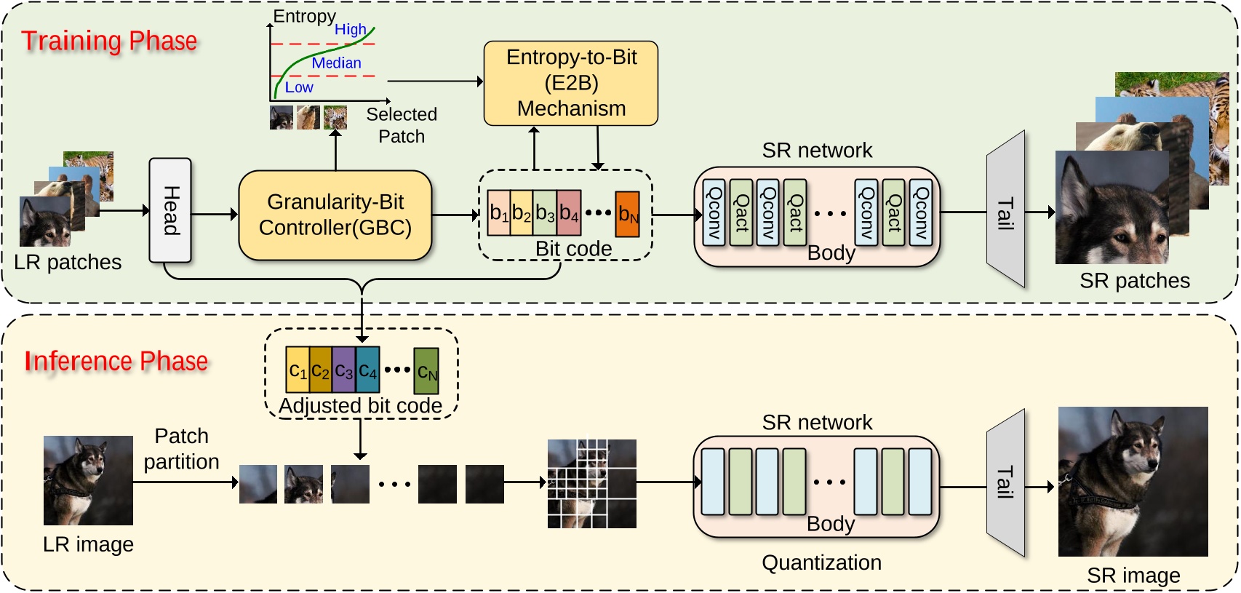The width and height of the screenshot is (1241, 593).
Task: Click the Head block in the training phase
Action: click(170, 210)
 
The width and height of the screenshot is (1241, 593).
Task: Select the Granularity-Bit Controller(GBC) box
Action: click(335, 215)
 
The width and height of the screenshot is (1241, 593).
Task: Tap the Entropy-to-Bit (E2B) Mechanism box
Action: click(571, 83)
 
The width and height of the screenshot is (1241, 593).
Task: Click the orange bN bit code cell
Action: click(627, 214)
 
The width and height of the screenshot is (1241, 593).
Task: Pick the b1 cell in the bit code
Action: click(499, 213)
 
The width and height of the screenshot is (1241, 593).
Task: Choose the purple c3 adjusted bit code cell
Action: click(344, 370)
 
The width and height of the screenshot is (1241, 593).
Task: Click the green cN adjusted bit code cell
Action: click(426, 371)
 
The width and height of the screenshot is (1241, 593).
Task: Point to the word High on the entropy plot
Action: click(350, 30)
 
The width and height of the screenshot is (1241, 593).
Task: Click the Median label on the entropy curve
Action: click(336, 63)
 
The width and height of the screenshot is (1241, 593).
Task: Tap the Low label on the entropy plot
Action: click(299, 87)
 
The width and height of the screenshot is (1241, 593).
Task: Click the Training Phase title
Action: click(109, 41)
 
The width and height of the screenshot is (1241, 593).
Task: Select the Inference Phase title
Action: click(116, 362)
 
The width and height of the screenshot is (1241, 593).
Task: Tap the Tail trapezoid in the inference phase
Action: click(1005, 483)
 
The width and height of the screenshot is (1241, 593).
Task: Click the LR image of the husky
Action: click(88, 480)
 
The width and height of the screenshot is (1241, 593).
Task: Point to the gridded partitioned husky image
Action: click(591, 483)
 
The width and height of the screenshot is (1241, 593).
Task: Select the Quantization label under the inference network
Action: click(821, 562)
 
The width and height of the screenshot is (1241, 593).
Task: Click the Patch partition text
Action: click(181, 448)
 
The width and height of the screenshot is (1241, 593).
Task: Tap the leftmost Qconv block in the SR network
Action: click(714, 212)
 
